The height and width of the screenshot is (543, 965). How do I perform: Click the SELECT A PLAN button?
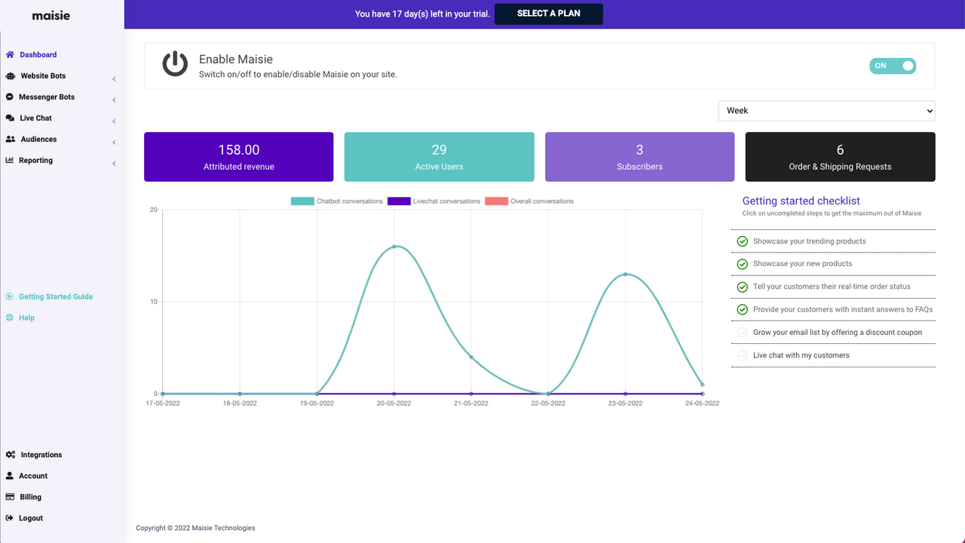tap(548, 14)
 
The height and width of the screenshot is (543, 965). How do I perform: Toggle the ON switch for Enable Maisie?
tap(892, 66)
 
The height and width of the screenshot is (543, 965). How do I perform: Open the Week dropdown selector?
tap(826, 111)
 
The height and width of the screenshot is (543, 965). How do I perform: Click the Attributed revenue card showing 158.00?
tap(238, 157)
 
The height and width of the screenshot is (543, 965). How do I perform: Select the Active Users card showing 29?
tap(439, 157)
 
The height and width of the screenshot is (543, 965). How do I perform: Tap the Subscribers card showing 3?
tap(639, 157)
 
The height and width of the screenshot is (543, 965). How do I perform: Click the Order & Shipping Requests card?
tap(840, 157)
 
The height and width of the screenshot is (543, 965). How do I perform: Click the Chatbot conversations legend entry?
tap(337, 201)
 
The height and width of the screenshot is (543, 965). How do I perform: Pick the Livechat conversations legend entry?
tap(434, 201)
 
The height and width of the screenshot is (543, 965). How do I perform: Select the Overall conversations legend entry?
tap(529, 201)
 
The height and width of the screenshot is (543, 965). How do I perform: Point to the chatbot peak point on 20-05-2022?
tap(394, 247)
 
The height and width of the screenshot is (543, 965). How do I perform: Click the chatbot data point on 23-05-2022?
tap(625, 275)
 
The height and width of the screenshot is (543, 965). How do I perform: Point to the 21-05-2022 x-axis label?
tap(471, 403)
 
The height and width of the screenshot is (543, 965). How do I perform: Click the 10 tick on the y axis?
tap(153, 302)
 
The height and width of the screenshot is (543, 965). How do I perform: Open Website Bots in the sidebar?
tap(43, 76)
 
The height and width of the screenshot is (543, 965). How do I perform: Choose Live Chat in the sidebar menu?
tap(35, 118)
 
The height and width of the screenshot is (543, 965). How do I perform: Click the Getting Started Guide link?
tap(55, 296)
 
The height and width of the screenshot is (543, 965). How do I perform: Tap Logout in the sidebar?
tap(31, 518)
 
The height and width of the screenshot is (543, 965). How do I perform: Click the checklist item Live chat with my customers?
tap(801, 355)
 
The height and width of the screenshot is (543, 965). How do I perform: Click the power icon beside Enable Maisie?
tap(175, 65)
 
